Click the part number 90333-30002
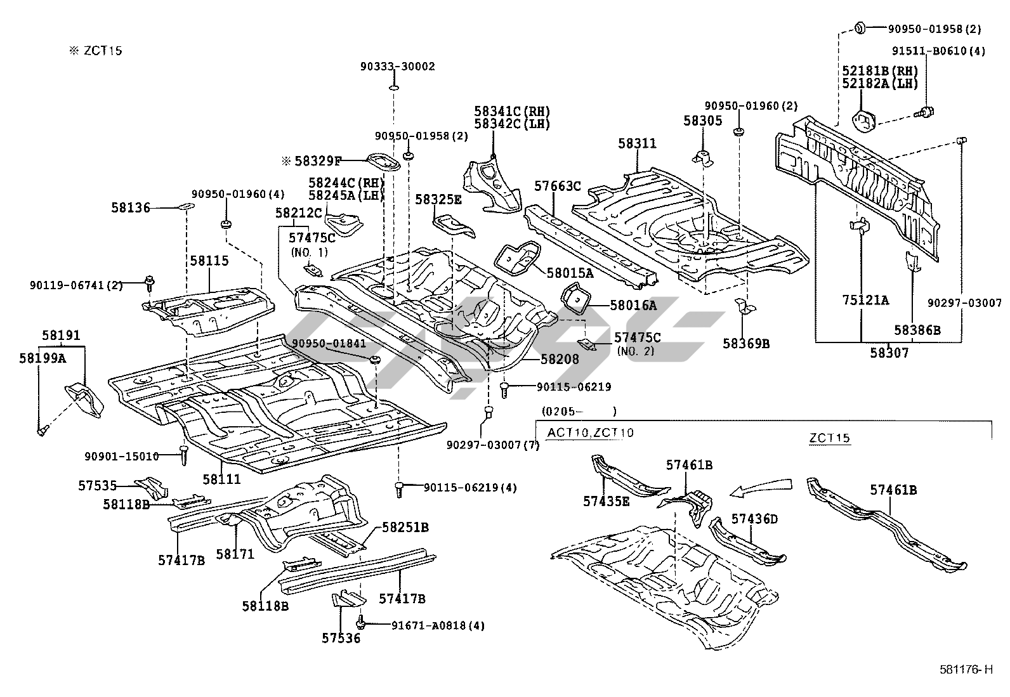[x=398, y=67]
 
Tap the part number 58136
[x=131, y=207]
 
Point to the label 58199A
[x=43, y=358]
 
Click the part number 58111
[x=221, y=479]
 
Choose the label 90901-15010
[x=122, y=456]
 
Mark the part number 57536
[x=341, y=639]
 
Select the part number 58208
[x=560, y=360]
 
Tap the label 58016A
[x=633, y=306]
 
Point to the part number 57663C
[x=558, y=186]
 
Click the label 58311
[x=638, y=144]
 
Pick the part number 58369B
[x=746, y=344]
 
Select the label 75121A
[x=865, y=300]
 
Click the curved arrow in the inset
[x=761, y=486]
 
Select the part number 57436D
[x=754, y=519]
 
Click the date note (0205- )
[x=578, y=412]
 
